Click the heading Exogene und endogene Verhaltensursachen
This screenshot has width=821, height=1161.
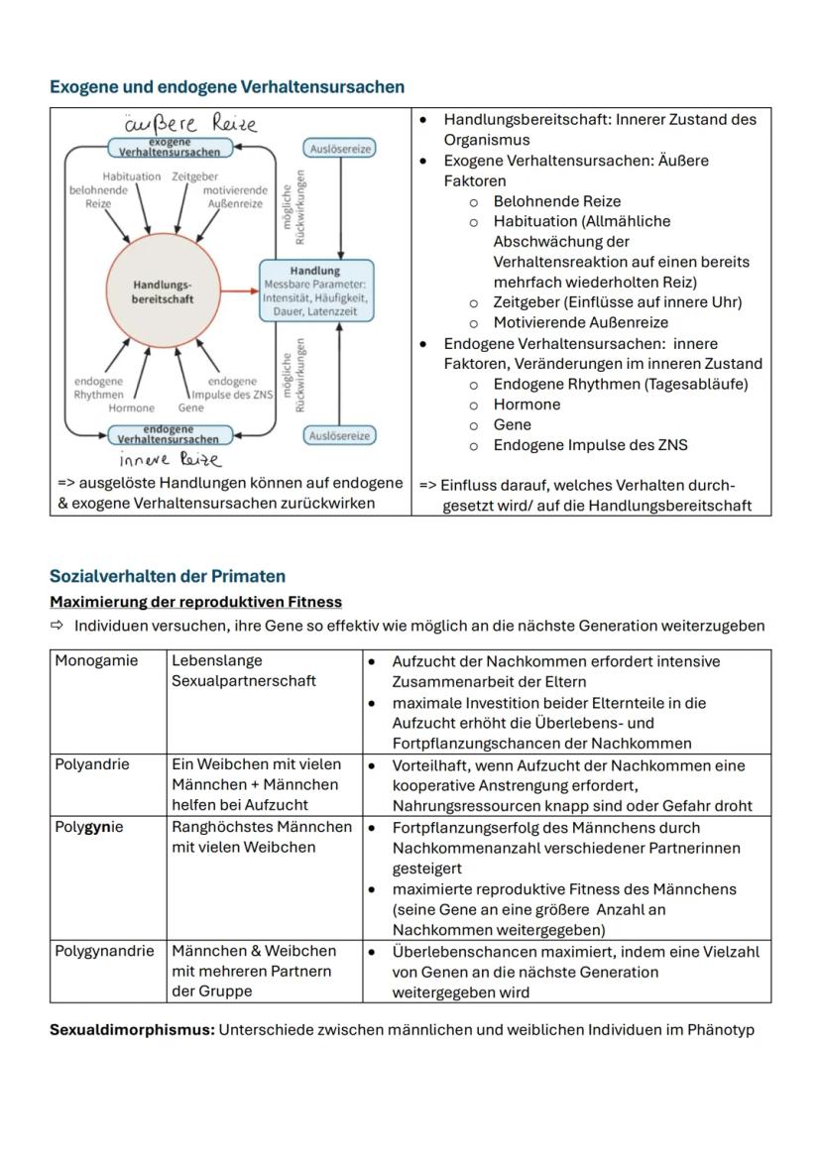[227, 87]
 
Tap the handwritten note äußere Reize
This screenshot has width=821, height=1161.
[190, 124]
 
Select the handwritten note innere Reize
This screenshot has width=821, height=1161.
[170, 459]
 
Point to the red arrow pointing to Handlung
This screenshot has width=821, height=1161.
[239, 291]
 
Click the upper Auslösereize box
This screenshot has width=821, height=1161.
[339, 148]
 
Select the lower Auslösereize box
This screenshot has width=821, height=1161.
[339, 435]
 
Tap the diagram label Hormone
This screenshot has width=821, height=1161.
[132, 407]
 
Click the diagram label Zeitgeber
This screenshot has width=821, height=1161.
[195, 175]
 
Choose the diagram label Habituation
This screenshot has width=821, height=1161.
[131, 175]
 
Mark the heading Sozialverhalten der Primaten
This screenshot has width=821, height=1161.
[168, 576]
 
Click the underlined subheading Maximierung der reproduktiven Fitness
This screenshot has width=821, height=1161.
[195, 602]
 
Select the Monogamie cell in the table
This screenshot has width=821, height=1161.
[96, 660]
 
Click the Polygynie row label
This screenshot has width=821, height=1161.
[89, 827]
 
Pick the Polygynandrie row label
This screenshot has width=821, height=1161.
[104, 951]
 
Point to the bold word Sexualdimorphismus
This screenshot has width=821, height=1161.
[132, 1029]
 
